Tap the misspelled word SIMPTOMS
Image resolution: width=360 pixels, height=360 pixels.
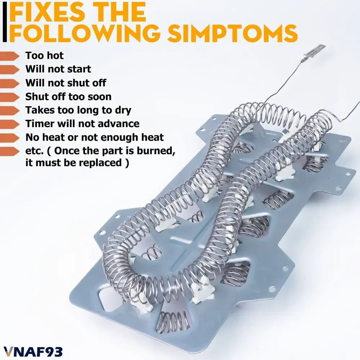click(232, 33)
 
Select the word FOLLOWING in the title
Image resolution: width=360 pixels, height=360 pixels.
click(85, 33)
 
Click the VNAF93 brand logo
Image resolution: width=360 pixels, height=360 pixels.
click(33, 352)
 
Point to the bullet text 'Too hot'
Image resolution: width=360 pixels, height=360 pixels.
click(45, 55)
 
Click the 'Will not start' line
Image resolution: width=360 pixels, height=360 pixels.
click(58, 69)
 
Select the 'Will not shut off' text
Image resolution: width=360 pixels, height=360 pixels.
click(66, 83)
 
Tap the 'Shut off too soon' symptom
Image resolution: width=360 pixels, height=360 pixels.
click(68, 96)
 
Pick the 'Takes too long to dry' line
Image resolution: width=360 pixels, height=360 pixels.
click(78, 111)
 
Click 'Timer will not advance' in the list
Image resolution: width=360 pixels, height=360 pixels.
click(82, 124)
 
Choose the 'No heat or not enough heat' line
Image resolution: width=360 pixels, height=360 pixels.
click(95, 137)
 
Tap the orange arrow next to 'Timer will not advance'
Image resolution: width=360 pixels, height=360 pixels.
click(10, 124)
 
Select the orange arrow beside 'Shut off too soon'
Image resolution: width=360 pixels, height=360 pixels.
click(10, 97)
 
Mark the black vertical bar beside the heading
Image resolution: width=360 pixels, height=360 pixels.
click(5, 23)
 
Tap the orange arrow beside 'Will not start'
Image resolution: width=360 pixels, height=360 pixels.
click(10, 69)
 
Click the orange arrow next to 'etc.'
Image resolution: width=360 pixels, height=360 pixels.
click(10, 151)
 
